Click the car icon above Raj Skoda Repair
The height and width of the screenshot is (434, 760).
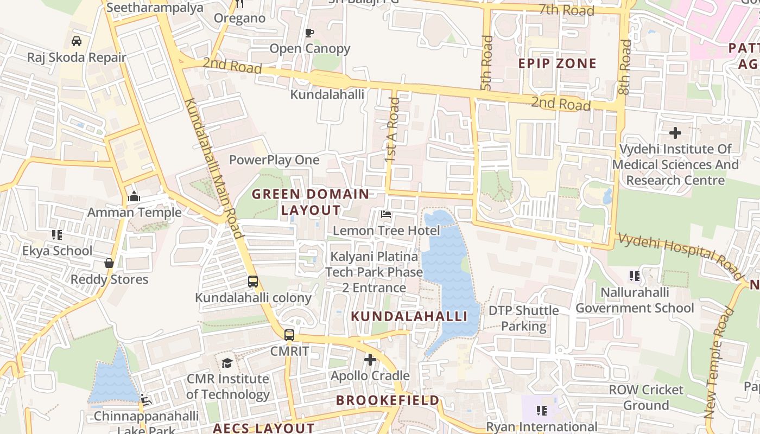pos(77,41)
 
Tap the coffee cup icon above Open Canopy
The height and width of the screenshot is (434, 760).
pos(309,33)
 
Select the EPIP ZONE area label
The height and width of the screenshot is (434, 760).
pos(557,63)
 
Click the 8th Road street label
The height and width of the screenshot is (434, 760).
pos(625,67)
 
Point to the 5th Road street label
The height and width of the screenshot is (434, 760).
pos(486,63)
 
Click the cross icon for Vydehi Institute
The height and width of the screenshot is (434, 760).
pos(675,132)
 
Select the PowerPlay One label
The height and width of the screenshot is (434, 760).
pos(274,160)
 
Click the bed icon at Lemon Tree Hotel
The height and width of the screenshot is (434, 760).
pos(386,214)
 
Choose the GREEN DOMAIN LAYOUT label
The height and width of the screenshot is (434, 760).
pos(311,202)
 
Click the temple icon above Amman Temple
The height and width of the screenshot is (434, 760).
pos(134,196)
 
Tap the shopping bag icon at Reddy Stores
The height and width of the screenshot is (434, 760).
pos(109,263)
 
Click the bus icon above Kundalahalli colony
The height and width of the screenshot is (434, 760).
pos(253,282)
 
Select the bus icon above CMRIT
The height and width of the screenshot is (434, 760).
pos(289,335)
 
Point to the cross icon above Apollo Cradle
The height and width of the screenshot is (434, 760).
pos(370,359)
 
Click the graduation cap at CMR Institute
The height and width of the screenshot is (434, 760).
pos(227,362)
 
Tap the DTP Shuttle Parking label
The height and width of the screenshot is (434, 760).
pos(523,318)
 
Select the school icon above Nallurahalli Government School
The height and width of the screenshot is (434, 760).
pos(634,277)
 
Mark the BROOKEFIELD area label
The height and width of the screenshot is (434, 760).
pos(388,400)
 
